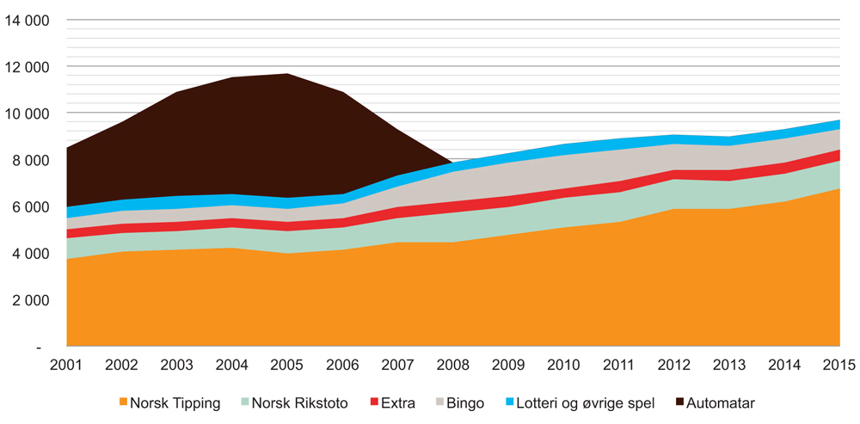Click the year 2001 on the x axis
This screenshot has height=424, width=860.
[66, 365]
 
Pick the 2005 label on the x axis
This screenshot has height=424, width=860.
[287, 365]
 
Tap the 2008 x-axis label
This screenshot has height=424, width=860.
[452, 365]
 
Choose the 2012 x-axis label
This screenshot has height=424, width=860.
[673, 365]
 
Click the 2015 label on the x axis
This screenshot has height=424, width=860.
[838, 365]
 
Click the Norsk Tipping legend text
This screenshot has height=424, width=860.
[176, 402]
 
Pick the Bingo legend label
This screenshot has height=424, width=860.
[465, 402]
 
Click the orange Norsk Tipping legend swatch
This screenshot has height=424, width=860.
[125, 402]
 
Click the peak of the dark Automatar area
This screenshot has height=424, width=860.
[287, 75]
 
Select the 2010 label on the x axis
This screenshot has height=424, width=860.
[563, 365]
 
